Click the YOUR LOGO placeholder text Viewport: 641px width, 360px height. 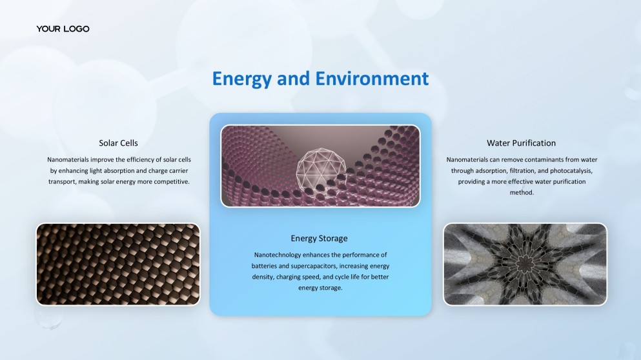tap(63, 29)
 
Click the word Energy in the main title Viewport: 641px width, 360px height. tap(242, 79)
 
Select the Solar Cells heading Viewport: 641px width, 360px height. tap(118, 143)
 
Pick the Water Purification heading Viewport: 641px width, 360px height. tap(521, 143)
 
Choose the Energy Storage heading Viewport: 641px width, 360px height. tap(319, 239)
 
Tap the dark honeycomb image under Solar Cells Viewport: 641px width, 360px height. tap(118, 264)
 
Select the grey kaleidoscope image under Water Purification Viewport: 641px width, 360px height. tap(525, 264)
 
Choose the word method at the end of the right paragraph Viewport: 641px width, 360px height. tap(521, 193)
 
